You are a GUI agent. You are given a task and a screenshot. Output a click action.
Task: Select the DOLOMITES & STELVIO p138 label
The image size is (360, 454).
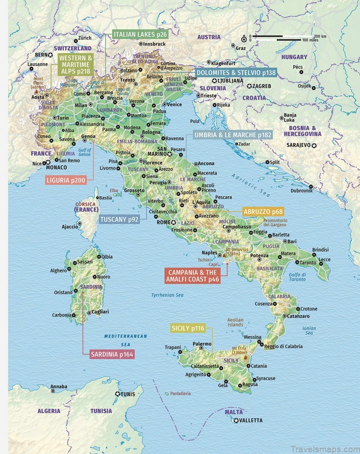(x=236, y=72)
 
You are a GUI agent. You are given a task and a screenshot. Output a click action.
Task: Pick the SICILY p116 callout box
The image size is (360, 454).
(x=188, y=328)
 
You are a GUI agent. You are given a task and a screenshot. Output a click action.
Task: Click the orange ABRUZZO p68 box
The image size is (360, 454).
(x=263, y=212)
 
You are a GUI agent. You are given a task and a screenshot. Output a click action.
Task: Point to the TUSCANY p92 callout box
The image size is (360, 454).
(x=119, y=219)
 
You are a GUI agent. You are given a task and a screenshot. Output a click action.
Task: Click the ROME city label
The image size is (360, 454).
(x=163, y=222)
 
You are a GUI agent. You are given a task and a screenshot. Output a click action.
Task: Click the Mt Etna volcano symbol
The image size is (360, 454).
(x=246, y=358)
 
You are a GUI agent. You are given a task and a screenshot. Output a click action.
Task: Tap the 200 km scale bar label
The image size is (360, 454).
(x=320, y=36)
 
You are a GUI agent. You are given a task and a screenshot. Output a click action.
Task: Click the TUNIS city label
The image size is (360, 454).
(x=128, y=394)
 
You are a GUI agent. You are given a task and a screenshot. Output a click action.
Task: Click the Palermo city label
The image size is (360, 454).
(x=201, y=344)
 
